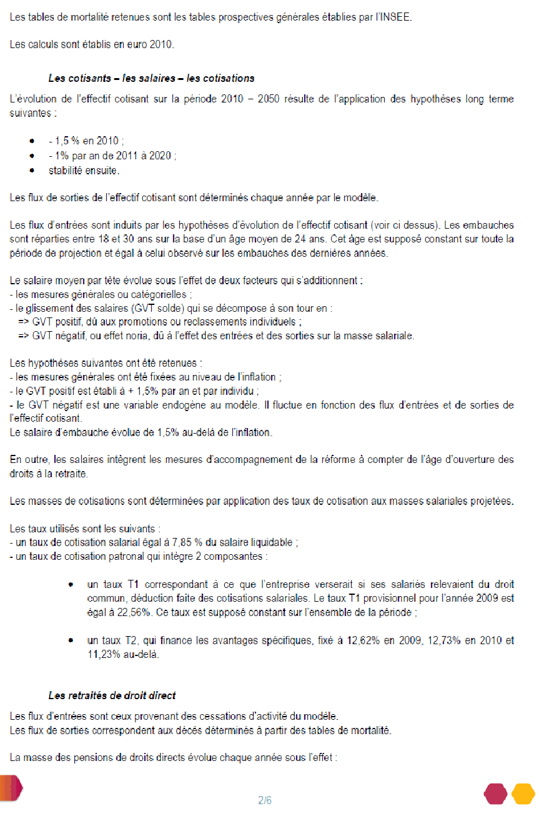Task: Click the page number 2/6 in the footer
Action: point(265,800)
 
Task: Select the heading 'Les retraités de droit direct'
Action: point(112,695)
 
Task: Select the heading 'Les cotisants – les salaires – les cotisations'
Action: point(151,79)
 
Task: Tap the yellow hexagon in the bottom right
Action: point(523,794)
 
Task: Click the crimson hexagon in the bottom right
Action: point(496,794)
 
